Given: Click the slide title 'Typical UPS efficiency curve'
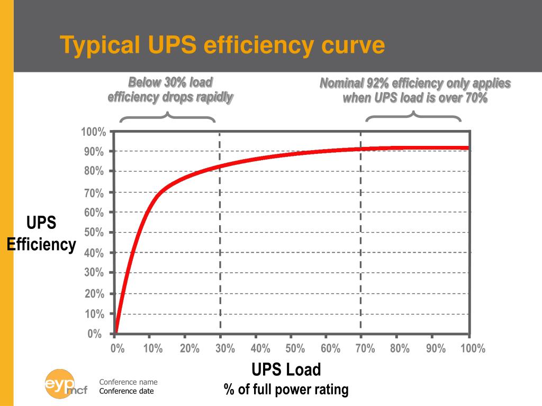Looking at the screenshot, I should click(x=222, y=45).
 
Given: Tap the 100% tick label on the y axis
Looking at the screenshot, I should click(x=94, y=132).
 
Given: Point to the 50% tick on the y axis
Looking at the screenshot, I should click(x=94, y=233).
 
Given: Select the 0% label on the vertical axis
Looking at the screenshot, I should click(x=95, y=334).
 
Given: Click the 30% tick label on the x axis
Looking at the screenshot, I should click(x=224, y=348).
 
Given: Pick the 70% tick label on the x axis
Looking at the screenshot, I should click(x=365, y=348).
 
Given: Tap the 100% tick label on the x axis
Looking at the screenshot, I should click(x=473, y=348).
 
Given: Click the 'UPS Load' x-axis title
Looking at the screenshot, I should click(x=286, y=369).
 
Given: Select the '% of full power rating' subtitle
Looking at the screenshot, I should click(x=286, y=390).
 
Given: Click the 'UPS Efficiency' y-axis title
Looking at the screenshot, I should click(x=41, y=234).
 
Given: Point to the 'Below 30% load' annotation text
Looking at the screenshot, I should click(x=170, y=82).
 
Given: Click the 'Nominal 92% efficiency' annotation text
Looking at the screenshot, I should click(x=415, y=84).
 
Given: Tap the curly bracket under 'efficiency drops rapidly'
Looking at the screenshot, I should click(x=168, y=117).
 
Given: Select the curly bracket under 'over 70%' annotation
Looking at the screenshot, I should click(x=413, y=117).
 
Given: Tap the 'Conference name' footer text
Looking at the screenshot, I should click(x=129, y=382).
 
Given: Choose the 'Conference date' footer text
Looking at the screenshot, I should click(x=127, y=391).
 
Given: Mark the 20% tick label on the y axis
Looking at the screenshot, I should click(x=94, y=294).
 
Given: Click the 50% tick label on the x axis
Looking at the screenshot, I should click(x=295, y=348).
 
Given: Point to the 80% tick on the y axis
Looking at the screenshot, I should click(x=94, y=171).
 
